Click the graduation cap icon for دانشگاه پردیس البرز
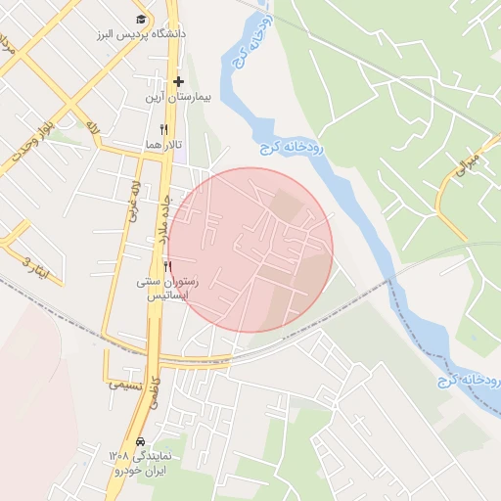(x=141, y=20)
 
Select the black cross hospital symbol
(x=178, y=82)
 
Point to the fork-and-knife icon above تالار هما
(x=164, y=128)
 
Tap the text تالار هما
(x=164, y=144)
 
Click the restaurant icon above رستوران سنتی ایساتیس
(x=168, y=266)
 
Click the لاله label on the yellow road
(x=93, y=128)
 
